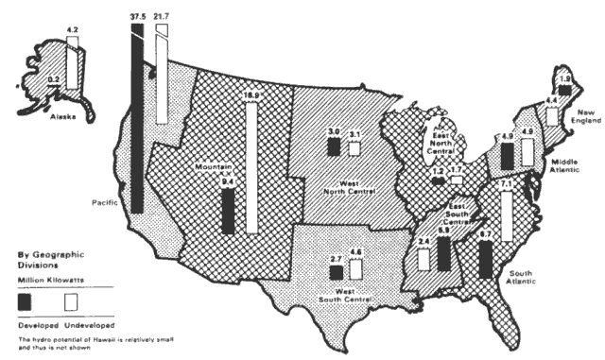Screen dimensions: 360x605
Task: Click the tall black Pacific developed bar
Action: click(139, 123)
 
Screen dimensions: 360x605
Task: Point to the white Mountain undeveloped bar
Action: click(252, 166)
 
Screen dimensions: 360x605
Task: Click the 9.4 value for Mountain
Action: click(228, 180)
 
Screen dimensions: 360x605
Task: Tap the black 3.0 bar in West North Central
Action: click(307, 146)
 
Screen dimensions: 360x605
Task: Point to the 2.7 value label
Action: click(335, 257)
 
